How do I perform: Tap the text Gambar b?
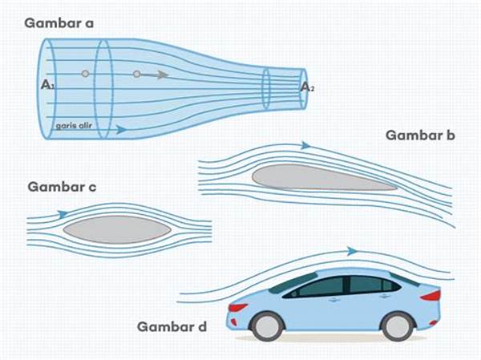(x=420, y=135)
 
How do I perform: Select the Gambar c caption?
(x=63, y=188)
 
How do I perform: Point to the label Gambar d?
(x=172, y=326)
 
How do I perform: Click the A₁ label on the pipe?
(x=46, y=83)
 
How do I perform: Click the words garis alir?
(x=71, y=126)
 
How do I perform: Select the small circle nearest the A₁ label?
(x=85, y=74)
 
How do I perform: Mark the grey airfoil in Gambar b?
(x=321, y=177)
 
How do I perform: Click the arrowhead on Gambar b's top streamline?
(x=305, y=145)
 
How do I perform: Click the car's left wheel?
(x=266, y=325)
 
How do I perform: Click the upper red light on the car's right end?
(x=431, y=295)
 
